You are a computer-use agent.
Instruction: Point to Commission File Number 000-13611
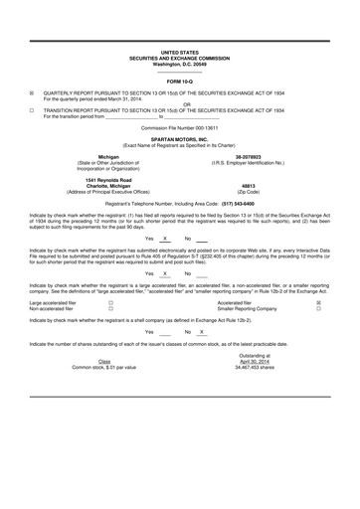(179, 128)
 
